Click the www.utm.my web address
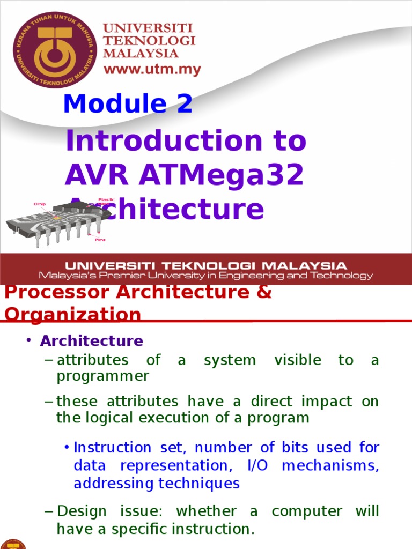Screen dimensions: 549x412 click(152, 69)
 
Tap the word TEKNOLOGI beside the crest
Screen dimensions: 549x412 click(149, 41)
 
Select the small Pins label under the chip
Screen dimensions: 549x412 click(100, 240)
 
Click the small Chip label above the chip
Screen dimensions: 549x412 click(40, 204)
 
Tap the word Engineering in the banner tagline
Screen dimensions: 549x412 click(254, 276)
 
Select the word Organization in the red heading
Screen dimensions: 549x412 click(72, 315)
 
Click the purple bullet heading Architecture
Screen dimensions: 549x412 click(92, 341)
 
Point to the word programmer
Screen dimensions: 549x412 click(102, 376)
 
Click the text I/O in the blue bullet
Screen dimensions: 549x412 click(253, 465)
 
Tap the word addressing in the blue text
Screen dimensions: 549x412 click(113, 484)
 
